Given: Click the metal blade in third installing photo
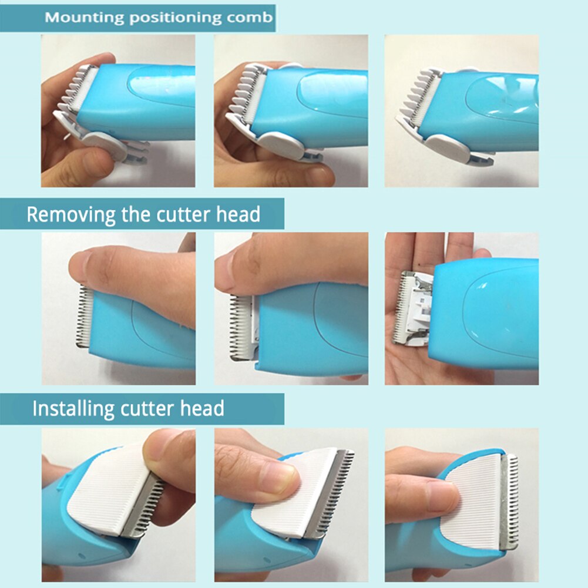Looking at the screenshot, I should (x=508, y=502).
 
